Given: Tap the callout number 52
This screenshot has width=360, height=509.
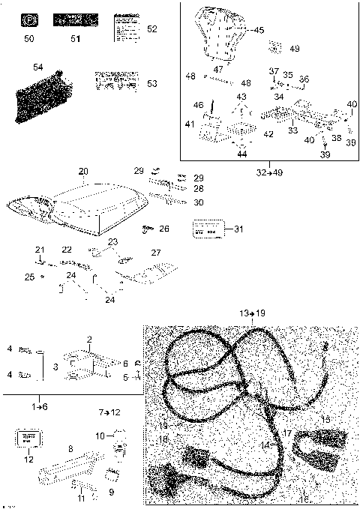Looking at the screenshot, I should click(152, 29).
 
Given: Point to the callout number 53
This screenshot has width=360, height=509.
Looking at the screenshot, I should click(152, 83).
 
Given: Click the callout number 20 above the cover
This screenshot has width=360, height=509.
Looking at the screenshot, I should click(83, 172).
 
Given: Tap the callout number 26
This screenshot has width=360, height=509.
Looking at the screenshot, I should click(164, 229).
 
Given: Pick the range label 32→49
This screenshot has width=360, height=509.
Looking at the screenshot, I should click(268, 172).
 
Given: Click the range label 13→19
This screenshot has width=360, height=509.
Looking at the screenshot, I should click(252, 312).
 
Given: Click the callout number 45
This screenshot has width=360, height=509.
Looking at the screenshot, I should click(259, 30).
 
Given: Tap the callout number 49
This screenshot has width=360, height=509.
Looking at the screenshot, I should click(294, 49).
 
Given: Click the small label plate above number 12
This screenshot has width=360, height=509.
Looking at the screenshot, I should click(28, 438).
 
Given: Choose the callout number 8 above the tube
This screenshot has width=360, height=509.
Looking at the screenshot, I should click(70, 448).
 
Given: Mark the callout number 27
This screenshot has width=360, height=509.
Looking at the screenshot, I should click(156, 253).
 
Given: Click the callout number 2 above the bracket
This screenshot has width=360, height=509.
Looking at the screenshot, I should click(89, 340).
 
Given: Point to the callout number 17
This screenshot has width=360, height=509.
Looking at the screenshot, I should click(286, 433).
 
